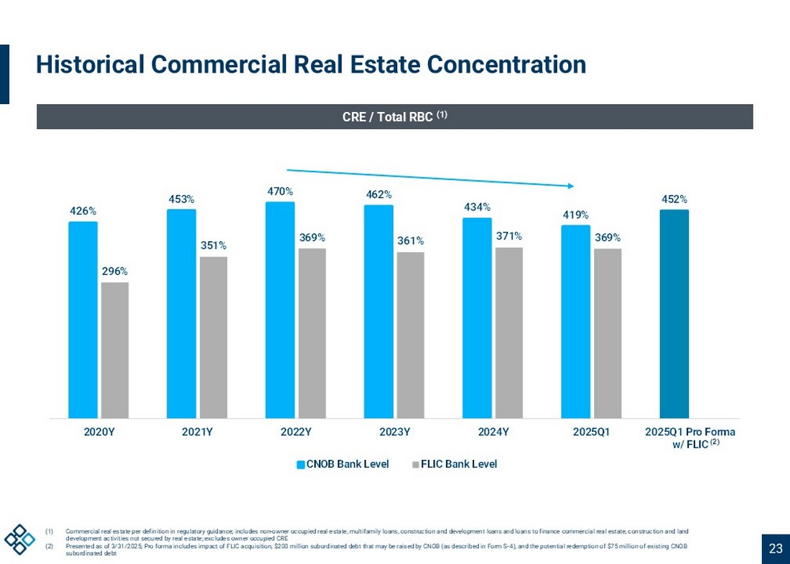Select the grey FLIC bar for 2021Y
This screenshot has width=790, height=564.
[213, 337]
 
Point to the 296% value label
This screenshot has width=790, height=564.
[115, 272]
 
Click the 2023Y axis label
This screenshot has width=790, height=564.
[394, 432]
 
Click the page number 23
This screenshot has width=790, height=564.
[776, 549]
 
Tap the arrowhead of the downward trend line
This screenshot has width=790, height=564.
[571, 186]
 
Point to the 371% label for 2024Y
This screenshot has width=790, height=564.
[508, 236]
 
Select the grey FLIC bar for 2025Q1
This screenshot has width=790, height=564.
[608, 333]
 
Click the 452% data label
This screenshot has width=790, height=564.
[674, 199]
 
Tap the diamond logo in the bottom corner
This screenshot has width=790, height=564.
[19, 539]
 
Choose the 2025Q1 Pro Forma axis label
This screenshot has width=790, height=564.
[689, 438]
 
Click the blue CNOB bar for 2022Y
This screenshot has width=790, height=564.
[280, 309]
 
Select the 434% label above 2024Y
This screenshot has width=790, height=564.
[477, 207]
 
